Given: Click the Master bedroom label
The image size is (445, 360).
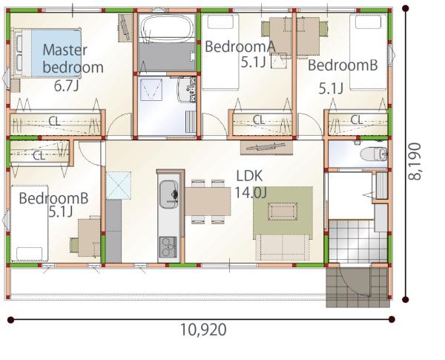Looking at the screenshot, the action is pos(73,59).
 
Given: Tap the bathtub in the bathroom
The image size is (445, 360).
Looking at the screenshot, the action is pos(167,27).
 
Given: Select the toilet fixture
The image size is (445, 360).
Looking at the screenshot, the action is pos(374,154).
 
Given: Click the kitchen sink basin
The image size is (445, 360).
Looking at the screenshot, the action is pos(168,194).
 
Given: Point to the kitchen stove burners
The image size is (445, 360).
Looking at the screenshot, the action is pos(168,247).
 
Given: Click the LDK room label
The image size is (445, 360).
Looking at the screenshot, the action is pos(250,176).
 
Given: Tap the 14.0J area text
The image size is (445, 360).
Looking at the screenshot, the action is pos(251,193).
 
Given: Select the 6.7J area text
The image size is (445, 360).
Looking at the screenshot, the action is pos(66,86).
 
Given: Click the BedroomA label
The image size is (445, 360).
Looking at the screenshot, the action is pos(240,46).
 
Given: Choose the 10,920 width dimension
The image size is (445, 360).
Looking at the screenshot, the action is pos(203,330).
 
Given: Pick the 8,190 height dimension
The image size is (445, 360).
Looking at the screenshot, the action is pos(415,161).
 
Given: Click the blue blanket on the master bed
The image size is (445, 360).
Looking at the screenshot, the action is pos(56,53).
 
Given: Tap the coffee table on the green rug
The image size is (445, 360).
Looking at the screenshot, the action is pos(283,212).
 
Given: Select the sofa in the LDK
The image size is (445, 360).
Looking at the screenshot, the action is pos(283,247).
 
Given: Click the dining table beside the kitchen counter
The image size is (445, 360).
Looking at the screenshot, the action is pos(208,201).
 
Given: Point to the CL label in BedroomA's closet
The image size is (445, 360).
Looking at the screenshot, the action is pos(259,120).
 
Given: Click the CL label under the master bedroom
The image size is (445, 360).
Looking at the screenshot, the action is pos(54,121).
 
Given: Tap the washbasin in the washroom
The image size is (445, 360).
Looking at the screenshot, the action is pos(186,89).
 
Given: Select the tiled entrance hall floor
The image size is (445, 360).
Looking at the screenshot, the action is pos(358,241).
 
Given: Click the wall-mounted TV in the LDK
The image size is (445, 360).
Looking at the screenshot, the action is pos(266,148).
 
